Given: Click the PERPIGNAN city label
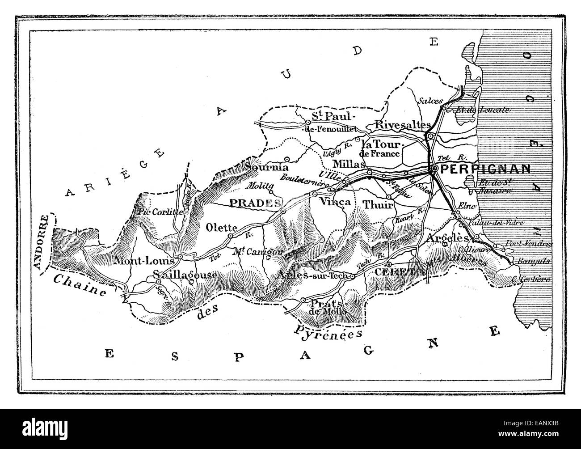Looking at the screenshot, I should tap(485, 169).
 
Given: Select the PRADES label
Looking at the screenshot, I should tap(253, 202).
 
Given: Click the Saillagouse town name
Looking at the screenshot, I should tap(185, 275).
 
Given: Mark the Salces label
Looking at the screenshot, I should tap(429, 101).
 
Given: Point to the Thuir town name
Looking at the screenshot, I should tap(378, 204).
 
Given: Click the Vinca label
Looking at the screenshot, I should tap(334, 202).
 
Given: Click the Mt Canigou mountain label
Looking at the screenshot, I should tap(258, 251).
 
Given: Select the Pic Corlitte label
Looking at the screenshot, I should tap(160, 212).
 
